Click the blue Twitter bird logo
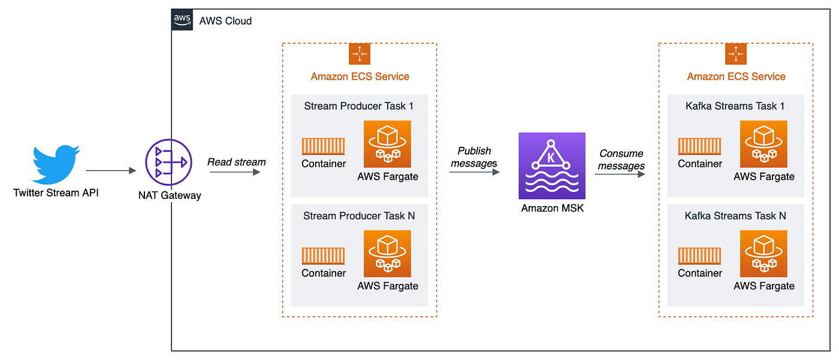(56, 164)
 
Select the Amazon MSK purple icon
(552, 166)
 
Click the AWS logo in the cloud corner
(182, 20)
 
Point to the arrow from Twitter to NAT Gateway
(111, 171)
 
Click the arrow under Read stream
(235, 173)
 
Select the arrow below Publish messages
(474, 173)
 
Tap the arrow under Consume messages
(620, 175)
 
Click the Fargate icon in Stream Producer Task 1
(387, 144)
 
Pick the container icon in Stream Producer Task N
(324, 256)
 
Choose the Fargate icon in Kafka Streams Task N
(763, 253)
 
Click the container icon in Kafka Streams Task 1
(699, 146)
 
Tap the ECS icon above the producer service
(360, 54)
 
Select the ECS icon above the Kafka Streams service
(736, 54)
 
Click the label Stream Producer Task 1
(360, 107)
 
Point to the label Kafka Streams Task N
(735, 216)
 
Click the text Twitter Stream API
(55, 193)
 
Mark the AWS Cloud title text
(225, 21)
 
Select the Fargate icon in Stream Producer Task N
(387, 253)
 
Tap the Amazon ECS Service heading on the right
(736, 77)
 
